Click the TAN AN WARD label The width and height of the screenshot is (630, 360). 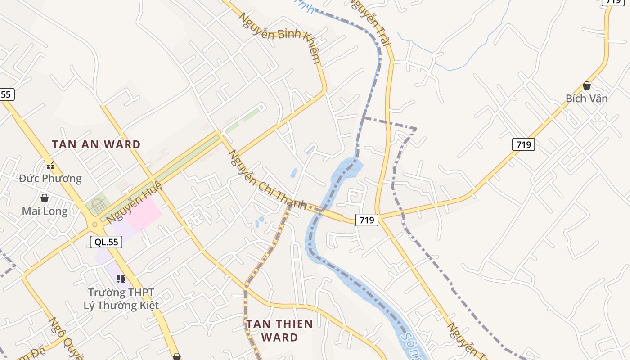[96, 144]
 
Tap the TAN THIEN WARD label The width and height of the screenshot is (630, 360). [279, 330]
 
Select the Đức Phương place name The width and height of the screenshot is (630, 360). [50, 179]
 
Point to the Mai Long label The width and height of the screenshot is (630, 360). [45, 211]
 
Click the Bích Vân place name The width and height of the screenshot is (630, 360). [586, 99]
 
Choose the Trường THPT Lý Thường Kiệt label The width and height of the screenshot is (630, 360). [121, 299]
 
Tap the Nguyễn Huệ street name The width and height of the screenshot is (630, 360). [128, 205]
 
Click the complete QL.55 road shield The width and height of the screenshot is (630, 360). [106, 242]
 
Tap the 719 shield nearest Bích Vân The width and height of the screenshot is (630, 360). [523, 144]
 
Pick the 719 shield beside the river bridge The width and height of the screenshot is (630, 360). [367, 220]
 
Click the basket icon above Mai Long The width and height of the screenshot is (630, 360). [45, 198]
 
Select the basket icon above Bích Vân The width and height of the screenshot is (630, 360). [586, 85]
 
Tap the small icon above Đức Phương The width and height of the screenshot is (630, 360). [50, 166]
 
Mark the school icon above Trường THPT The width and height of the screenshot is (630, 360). [121, 279]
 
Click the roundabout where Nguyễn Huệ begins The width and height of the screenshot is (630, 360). [94, 224]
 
